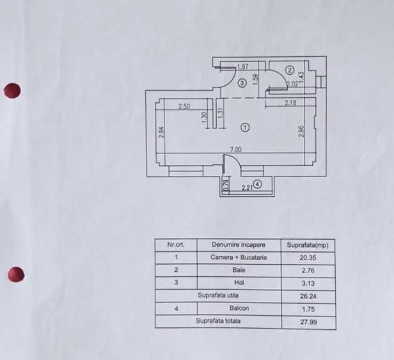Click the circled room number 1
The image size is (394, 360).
(x=245, y=128)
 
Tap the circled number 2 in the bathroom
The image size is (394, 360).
(x=290, y=70)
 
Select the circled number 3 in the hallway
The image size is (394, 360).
(x=242, y=82)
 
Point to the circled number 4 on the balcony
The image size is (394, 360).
(x=257, y=184)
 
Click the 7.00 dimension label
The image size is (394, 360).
(x=235, y=150)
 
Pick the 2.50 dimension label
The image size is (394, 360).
(x=184, y=107)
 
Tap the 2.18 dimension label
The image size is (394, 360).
(x=290, y=102)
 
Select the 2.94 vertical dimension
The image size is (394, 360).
(x=162, y=132)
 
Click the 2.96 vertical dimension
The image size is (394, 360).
(x=301, y=131)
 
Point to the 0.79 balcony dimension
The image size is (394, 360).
(x=226, y=185)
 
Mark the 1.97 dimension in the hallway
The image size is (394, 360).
(x=243, y=67)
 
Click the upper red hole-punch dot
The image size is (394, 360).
(x=12, y=90)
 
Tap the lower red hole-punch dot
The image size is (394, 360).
(x=16, y=274)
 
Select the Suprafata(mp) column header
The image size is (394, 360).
(x=308, y=245)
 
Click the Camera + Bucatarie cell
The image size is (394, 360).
(x=239, y=258)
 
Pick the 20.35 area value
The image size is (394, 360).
(x=308, y=258)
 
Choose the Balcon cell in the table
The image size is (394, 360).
(x=239, y=308)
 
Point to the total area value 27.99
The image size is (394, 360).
(x=308, y=322)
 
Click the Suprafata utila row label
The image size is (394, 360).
(x=218, y=295)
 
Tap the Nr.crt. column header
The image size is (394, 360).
(x=176, y=244)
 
